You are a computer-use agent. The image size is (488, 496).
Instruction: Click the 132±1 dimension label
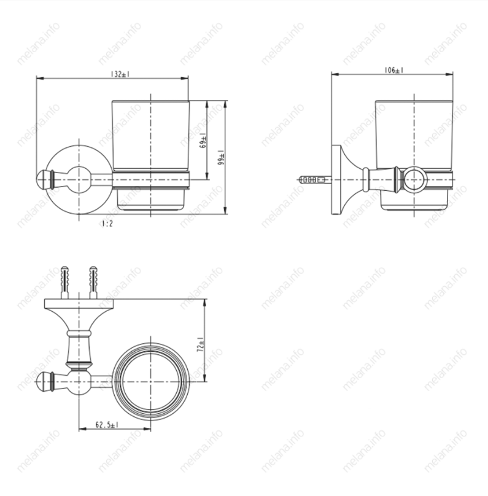coord(120,74)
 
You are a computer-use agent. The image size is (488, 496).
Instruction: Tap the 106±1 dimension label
coord(393,70)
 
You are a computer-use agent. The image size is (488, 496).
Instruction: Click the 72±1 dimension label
coord(201,345)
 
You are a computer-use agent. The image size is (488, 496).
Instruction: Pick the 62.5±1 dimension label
coord(107,425)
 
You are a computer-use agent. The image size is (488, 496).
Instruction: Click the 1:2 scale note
coord(107,223)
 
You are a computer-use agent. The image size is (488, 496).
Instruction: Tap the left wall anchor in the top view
coord(64,282)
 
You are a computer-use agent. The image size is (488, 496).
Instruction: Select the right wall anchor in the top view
coord(93,282)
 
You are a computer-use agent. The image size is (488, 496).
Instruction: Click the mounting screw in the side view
coord(315,180)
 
